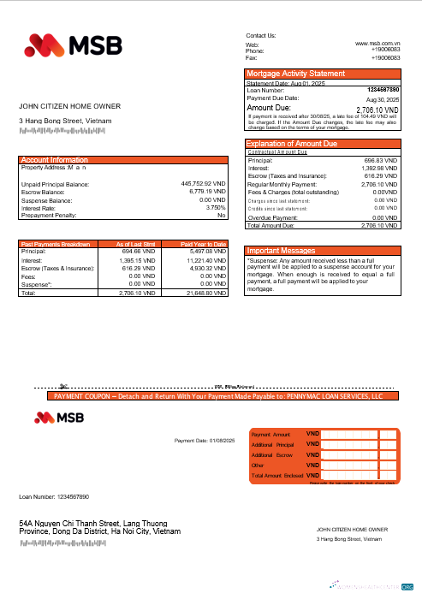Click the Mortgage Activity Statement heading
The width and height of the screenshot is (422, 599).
tap(295, 74)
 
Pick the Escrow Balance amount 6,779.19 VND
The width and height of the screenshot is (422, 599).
tap(205, 192)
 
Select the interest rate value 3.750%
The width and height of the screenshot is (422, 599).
tap(216, 207)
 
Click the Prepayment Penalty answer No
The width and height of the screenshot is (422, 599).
tap(221, 215)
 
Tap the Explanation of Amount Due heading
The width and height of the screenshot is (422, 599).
tap(291, 144)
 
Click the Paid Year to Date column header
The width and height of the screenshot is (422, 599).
tap(203, 245)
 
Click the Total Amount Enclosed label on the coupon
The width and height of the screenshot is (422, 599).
tap(276, 475)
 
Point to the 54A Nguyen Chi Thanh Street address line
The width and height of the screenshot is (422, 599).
tap(100, 522)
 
